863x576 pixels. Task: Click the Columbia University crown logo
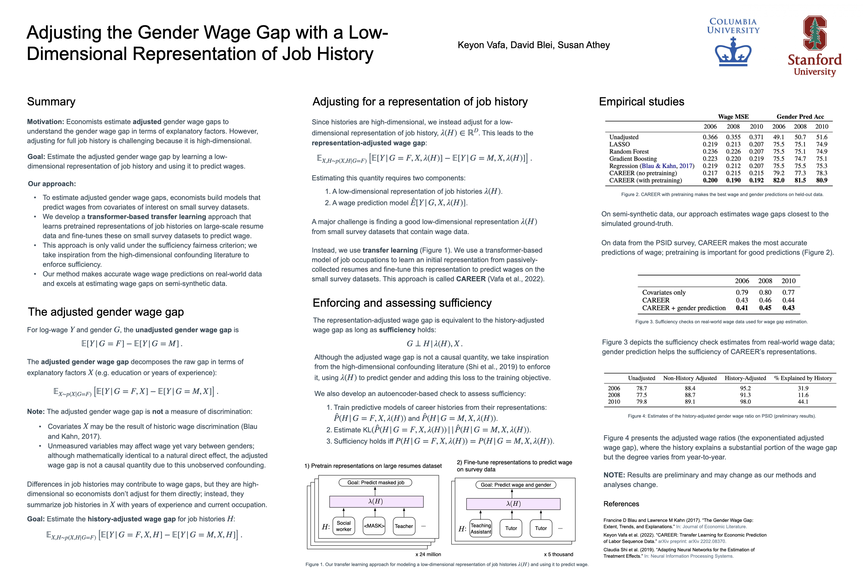733,53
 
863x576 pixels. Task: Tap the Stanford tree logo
815,33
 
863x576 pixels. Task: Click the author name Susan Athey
583,45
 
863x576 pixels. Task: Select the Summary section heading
51,101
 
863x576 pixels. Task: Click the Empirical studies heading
641,101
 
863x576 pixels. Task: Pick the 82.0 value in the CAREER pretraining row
779,180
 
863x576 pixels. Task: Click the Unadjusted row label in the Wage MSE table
624,137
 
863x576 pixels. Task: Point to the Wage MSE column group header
733,116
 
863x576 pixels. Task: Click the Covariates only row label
664,292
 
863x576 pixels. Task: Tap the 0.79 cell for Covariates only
741,292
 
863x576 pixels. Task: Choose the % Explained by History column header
803,378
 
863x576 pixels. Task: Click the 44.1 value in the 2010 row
803,402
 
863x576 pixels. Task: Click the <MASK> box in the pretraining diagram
374,526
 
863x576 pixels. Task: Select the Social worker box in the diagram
344,526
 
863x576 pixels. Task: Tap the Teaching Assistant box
481,529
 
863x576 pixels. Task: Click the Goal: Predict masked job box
375,482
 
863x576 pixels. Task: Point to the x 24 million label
428,554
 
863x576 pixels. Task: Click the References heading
621,504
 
